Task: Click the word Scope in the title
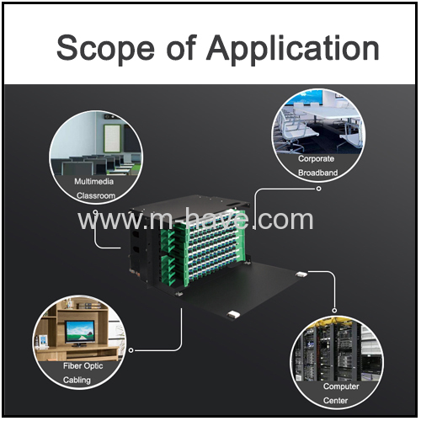coord(105,48)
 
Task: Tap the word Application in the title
coord(293,48)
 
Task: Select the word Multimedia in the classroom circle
coord(94,182)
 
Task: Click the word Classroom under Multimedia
coord(96,195)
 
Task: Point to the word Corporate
coord(316,159)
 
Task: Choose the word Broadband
coord(317,173)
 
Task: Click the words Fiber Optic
coord(83,366)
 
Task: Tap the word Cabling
coord(77,380)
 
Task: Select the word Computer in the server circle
coord(341,386)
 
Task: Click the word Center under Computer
coord(335,401)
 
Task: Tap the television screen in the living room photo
coord(80,332)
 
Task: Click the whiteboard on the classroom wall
coord(112,138)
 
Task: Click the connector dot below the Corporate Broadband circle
coord(318,189)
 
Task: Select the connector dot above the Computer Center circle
coord(334,311)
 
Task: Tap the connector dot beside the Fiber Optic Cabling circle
coord(131,350)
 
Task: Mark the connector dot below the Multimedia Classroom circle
coord(96,211)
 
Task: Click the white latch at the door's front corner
coord(233,315)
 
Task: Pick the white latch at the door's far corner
coord(301,274)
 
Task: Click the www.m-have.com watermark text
coord(195,220)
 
